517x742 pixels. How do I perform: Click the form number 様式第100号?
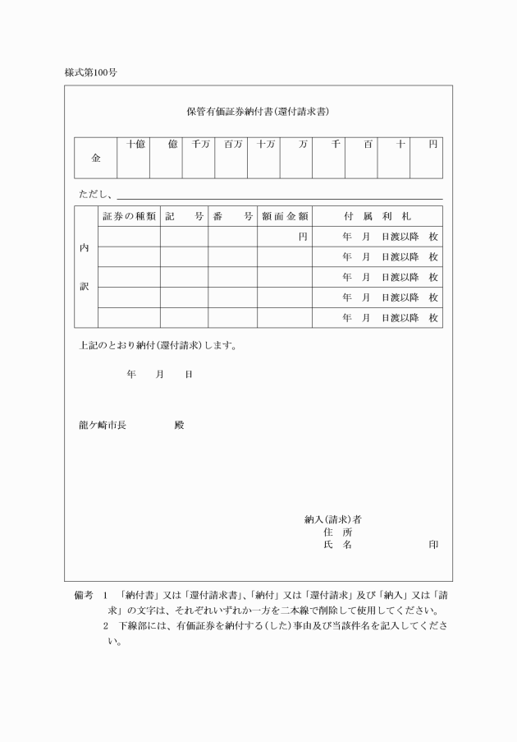91,72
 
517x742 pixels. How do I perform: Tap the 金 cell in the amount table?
96,158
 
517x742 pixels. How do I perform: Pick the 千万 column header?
200,145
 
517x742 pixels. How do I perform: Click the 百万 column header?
233,145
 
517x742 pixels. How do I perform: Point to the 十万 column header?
265,145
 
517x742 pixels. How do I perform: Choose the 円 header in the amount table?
433,145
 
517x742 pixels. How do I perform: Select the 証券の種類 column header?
129,216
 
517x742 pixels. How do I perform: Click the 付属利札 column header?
377,216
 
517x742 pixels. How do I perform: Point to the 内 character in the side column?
85,248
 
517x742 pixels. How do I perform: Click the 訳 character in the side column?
85,287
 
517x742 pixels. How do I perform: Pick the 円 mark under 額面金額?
303,237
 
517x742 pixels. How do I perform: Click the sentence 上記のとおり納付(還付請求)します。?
158,345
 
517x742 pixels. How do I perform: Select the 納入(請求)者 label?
333,519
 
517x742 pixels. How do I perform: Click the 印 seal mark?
432,545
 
